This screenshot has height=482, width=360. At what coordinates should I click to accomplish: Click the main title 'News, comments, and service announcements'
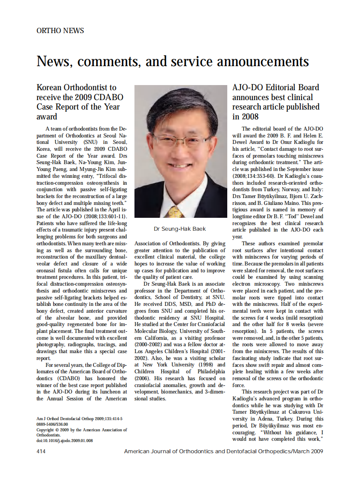pyautogui.click(x=173, y=61)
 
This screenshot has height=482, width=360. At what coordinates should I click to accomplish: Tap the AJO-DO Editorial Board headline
pyautogui.click(x=276, y=102)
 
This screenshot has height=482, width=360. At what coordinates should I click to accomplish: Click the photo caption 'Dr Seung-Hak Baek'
pyautogui.click(x=180, y=229)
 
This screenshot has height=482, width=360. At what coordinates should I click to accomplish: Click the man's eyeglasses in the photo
pyautogui.click(x=181, y=140)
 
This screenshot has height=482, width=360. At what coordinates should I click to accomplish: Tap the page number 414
pyautogui.click(x=42, y=451)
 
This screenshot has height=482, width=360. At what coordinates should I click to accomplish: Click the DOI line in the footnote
pyautogui.click(x=64, y=440)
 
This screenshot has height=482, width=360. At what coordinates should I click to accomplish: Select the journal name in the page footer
pyautogui.click(x=223, y=451)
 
